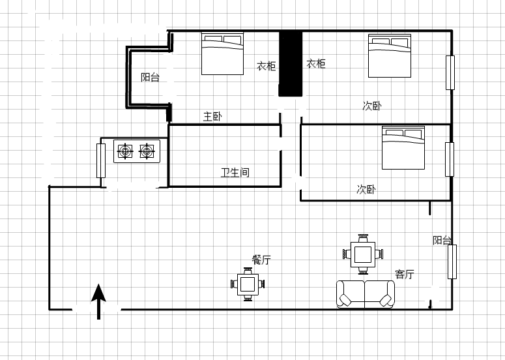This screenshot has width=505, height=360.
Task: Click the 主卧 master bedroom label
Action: [212, 116]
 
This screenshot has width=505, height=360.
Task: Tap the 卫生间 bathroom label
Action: [235, 172]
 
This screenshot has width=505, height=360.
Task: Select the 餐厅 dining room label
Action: [261, 260]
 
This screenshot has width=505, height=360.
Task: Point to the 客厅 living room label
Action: [405, 275]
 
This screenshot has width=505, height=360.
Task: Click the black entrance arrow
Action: [98, 302]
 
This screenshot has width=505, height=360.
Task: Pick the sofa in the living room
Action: [365, 294]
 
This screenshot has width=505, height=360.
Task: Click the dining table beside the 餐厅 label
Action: [248, 284]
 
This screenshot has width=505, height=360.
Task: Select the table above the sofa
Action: [363, 254]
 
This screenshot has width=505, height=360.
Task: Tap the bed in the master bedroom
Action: [222, 53]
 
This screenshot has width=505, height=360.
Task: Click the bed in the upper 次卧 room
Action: [390, 55]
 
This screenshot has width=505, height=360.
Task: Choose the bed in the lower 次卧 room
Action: [403, 147]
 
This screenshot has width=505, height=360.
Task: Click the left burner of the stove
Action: [125, 151]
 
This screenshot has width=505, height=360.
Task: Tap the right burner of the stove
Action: [147, 151]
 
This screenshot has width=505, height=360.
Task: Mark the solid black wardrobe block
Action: [291, 63]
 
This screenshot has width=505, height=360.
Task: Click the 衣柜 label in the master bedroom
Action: [266, 66]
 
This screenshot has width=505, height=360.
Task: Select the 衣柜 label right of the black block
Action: [316, 64]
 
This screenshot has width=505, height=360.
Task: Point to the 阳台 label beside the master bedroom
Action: [150, 78]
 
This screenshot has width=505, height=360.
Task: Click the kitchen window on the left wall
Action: [101, 161]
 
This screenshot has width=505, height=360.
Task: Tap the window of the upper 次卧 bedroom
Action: [450, 72]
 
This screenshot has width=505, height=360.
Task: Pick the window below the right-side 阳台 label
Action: [452, 262]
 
